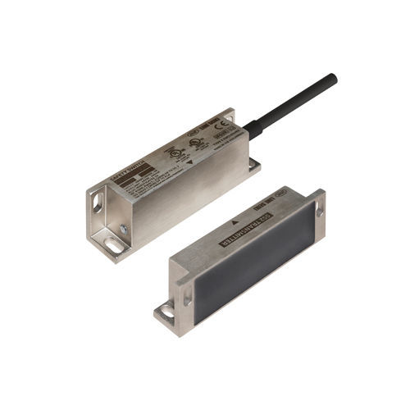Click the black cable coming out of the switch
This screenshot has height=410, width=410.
click(295, 102)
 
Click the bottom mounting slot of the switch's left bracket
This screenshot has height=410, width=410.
click(116, 244)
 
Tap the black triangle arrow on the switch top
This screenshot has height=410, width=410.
click(190, 162)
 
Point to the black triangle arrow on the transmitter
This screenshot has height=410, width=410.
click(235, 223)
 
